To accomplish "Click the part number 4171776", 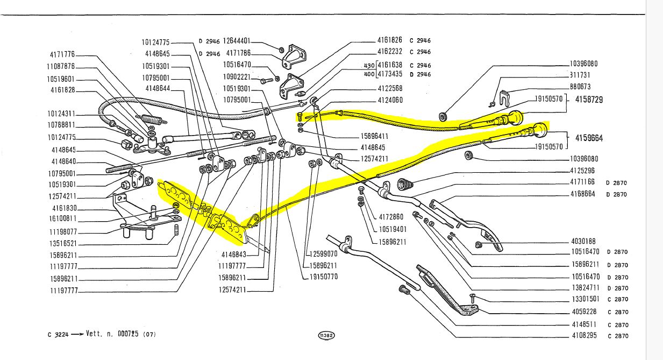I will click(x=62, y=55).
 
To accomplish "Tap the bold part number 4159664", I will click(x=589, y=138).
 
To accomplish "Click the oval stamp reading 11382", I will click(x=326, y=335).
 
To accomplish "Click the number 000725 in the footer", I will click(x=129, y=334).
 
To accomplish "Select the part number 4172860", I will click(x=390, y=217).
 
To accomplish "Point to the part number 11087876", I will click(x=60, y=67).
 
